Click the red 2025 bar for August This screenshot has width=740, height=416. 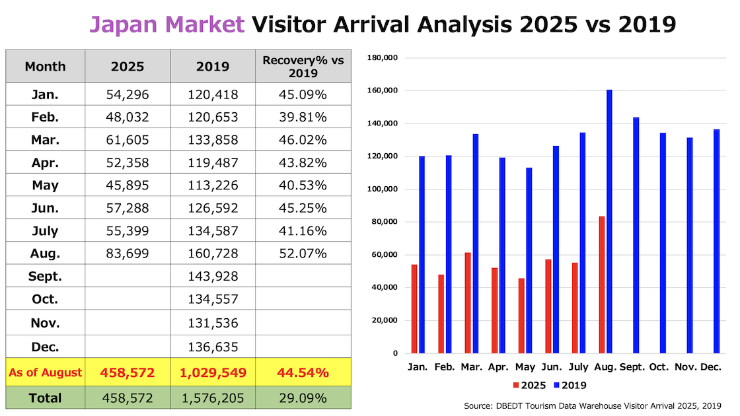(602, 285)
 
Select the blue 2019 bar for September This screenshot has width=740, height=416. (636, 235)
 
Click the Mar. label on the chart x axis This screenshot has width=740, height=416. (471, 366)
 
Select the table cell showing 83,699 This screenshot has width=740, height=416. (128, 252)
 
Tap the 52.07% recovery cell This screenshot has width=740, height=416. (303, 252)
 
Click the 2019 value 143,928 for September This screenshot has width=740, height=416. (213, 276)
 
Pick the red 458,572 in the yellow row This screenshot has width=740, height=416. (128, 372)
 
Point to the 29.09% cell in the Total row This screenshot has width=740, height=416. (303, 398)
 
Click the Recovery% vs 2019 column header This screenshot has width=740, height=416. (303, 66)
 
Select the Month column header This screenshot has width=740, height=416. (45, 66)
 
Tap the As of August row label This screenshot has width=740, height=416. (45, 372)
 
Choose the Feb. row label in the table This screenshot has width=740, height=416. (45, 118)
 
